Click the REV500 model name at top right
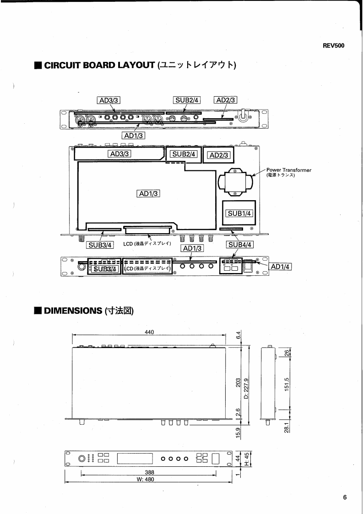333,45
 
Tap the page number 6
345,498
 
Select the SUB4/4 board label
240,245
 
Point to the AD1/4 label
281,267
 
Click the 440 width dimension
149,332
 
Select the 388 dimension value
149,472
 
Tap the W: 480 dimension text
149,480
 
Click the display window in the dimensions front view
135,458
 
